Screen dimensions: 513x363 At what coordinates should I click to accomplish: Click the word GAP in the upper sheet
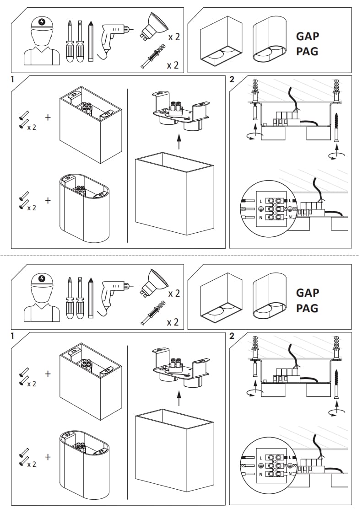tap(307, 36)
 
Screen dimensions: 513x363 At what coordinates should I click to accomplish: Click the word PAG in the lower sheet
tap(307, 308)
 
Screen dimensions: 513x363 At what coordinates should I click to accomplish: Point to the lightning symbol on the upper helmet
tap(43, 21)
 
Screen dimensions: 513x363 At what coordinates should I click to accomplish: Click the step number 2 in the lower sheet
tap(232, 336)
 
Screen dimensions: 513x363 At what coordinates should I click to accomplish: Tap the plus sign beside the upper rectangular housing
tap(48, 117)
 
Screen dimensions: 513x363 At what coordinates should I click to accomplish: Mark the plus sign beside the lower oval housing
tap(48, 457)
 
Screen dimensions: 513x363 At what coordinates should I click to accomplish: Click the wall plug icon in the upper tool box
tap(153, 57)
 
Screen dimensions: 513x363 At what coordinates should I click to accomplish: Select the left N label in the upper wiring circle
tap(260, 217)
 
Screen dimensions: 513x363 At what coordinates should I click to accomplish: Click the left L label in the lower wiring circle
tap(260, 458)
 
